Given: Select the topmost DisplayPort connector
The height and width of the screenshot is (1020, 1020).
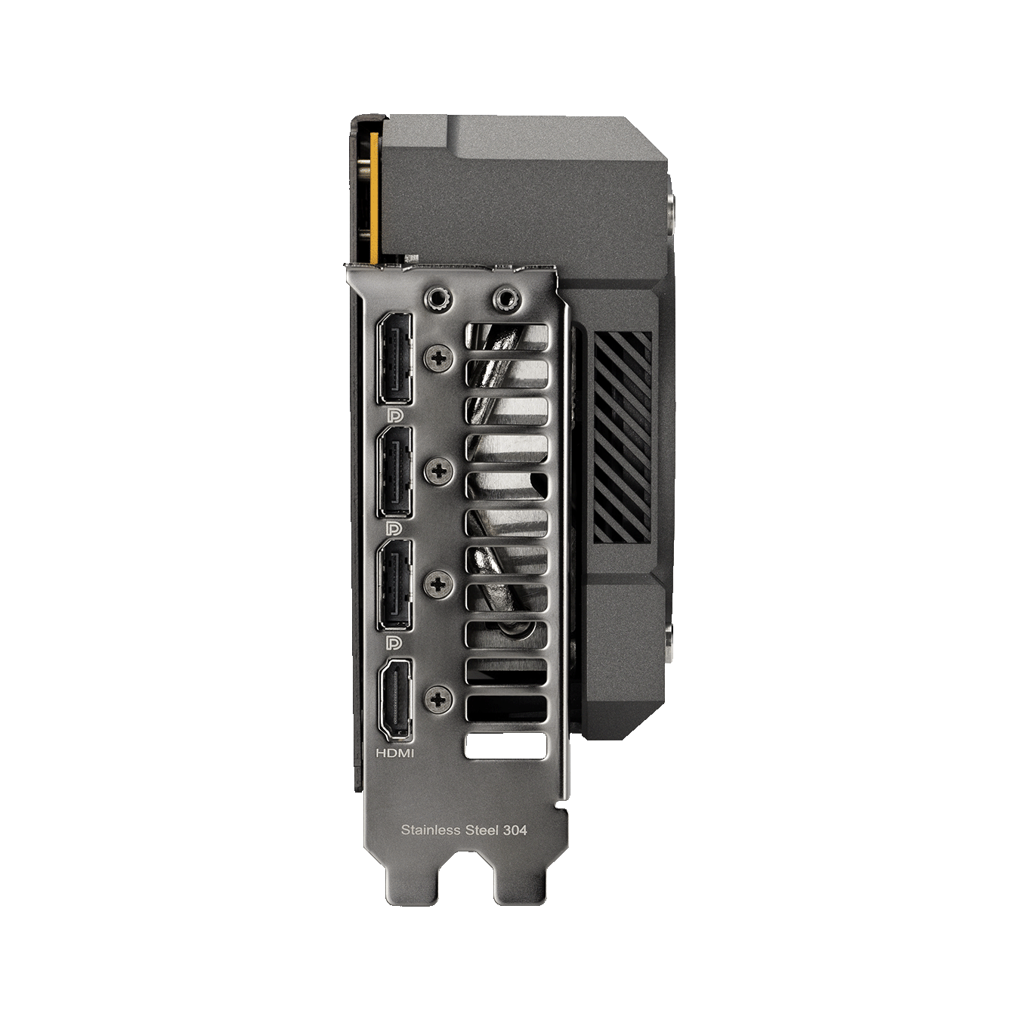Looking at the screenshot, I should (x=394, y=357).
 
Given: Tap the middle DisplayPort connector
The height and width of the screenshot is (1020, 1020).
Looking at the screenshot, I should (x=394, y=472).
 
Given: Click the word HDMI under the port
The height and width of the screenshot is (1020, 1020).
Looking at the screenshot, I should (x=395, y=753).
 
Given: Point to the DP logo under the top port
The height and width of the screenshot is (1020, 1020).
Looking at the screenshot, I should (x=394, y=415).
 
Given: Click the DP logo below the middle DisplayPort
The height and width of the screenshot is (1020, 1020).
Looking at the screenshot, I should (x=394, y=527).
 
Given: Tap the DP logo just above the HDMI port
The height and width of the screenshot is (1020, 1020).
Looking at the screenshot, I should (x=394, y=642).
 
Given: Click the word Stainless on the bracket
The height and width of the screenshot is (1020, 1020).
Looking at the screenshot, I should (x=430, y=830).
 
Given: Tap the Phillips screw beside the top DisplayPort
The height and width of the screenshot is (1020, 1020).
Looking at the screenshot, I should (x=438, y=357).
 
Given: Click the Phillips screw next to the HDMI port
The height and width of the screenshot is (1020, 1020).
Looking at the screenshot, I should (x=438, y=699).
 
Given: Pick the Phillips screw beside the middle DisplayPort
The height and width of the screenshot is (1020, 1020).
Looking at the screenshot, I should (x=438, y=471).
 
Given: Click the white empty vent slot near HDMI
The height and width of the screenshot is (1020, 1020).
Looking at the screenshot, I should (x=504, y=746).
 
